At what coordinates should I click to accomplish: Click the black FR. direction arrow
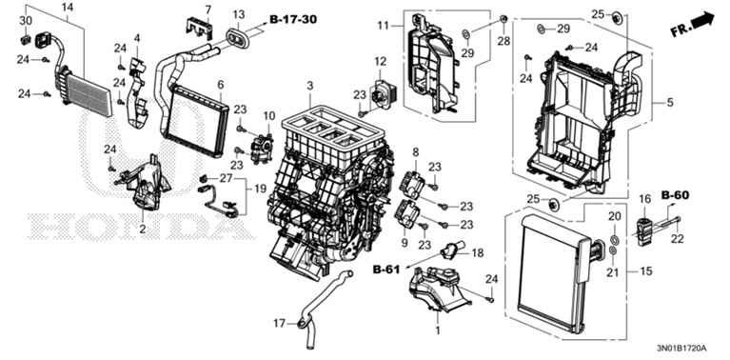[x=703, y=21]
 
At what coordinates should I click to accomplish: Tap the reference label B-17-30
[x=293, y=19]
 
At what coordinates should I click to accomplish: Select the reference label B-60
[x=675, y=195]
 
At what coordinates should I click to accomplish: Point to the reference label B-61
[x=386, y=270]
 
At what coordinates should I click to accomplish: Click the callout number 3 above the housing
[x=310, y=86]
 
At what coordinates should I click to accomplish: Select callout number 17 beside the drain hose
[x=279, y=322]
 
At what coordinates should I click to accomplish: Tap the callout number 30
[x=26, y=21]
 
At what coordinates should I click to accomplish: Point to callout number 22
[x=678, y=239]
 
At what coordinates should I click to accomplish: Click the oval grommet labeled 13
[x=238, y=38]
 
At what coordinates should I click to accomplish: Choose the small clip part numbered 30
[x=26, y=39]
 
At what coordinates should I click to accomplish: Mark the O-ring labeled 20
[x=614, y=240]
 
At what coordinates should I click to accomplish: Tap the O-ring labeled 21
[x=613, y=251]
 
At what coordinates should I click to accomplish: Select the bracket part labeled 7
[x=199, y=27]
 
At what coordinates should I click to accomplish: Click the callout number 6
[x=221, y=85]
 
